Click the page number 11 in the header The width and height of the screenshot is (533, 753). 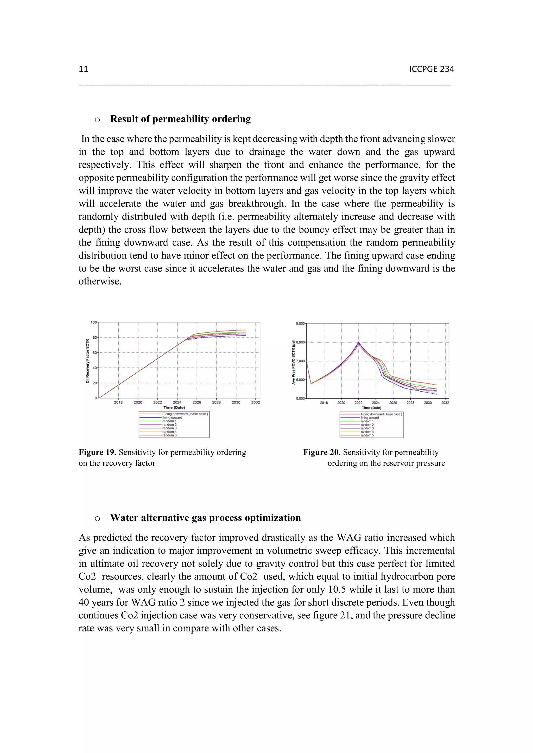84,69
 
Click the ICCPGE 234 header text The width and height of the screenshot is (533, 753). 431,69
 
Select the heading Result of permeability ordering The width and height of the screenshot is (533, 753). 180,119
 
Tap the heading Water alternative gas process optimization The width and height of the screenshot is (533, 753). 205,518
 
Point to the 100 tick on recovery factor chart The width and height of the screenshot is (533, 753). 94,322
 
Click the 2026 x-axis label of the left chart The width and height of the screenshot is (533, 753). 197,402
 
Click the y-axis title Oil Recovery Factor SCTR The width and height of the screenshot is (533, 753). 87,361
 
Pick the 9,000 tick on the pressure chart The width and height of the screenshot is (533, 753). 300,324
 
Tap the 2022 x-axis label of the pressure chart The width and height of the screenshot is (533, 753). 358,403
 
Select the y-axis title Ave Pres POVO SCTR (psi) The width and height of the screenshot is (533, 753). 294,361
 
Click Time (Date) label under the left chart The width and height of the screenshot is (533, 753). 174,408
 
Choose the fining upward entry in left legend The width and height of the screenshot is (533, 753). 172,418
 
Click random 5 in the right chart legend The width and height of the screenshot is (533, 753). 367,435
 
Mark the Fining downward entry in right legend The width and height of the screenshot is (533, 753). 381,414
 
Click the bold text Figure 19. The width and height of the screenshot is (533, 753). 97,452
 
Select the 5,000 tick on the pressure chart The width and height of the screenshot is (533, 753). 300,399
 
